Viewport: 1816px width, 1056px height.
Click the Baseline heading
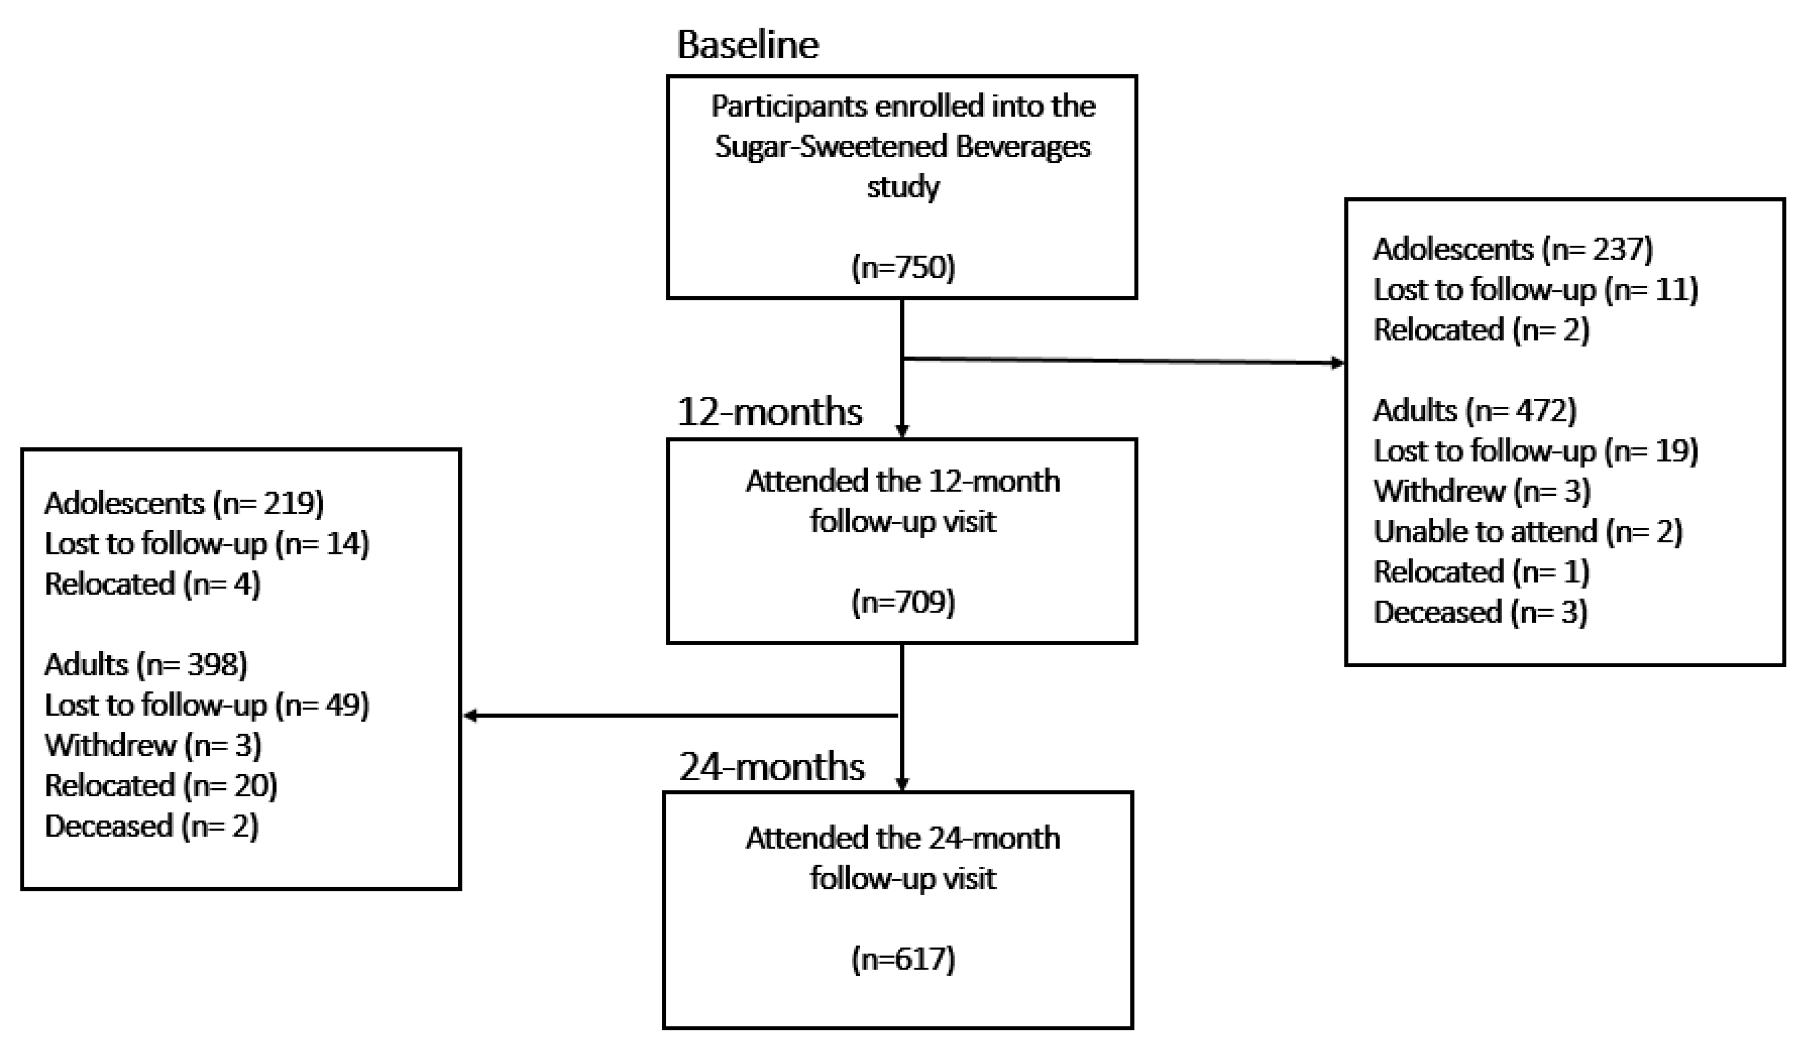click(x=747, y=45)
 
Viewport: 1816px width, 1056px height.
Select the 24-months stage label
click(x=771, y=766)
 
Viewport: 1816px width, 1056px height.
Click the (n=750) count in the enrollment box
click(x=902, y=267)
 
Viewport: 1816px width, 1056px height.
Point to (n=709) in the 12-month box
click(x=902, y=602)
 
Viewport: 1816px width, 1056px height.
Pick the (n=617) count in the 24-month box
click(x=902, y=959)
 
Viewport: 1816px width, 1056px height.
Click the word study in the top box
click(x=902, y=187)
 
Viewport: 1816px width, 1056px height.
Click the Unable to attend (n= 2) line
click(x=1527, y=532)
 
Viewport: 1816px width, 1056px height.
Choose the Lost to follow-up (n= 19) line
click(x=1535, y=451)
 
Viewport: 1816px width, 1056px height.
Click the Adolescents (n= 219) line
click(x=184, y=503)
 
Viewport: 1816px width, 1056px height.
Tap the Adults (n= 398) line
click(x=146, y=664)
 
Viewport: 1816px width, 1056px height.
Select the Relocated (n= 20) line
click(x=161, y=785)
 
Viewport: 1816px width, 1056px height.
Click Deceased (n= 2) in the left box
click(x=151, y=825)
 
